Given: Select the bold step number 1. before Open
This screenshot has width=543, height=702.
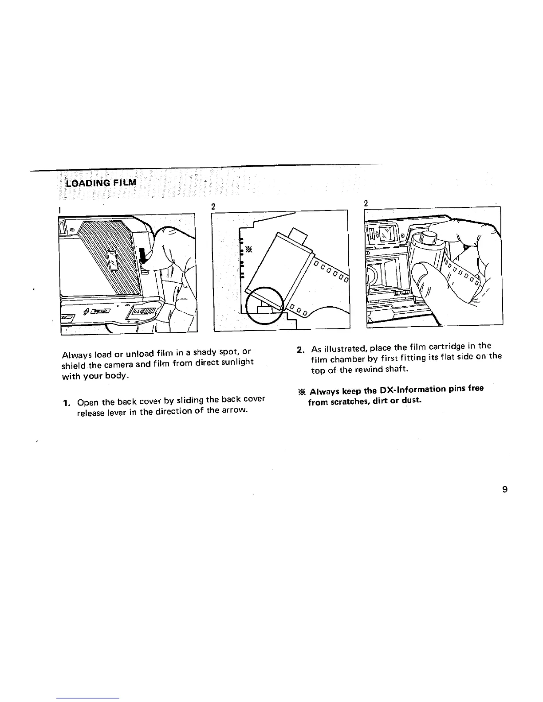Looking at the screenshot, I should pos(67,403).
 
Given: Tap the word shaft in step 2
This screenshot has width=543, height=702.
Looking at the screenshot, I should pos(392,369).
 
